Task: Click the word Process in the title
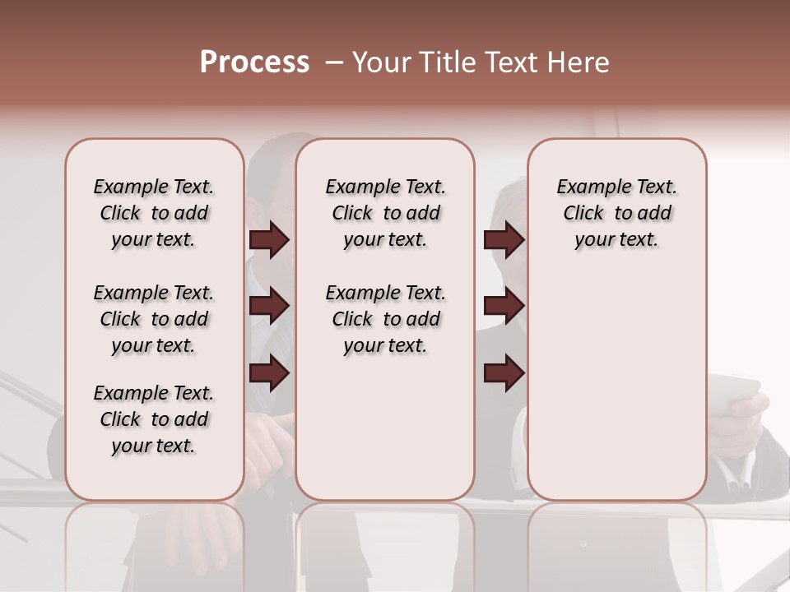pos(254,62)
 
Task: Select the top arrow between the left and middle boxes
pos(269,240)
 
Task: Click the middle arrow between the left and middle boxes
pos(269,306)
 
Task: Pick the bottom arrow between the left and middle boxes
pos(269,374)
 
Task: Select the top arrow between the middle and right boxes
pos(504,240)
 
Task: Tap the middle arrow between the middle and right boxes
pos(504,306)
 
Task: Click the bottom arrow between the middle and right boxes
pos(504,374)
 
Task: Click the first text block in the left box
pos(154,213)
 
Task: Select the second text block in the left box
pos(154,319)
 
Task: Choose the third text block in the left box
pos(154,419)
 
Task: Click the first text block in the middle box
pos(385,213)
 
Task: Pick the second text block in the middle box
pos(385,319)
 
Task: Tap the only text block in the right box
pos(617,213)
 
